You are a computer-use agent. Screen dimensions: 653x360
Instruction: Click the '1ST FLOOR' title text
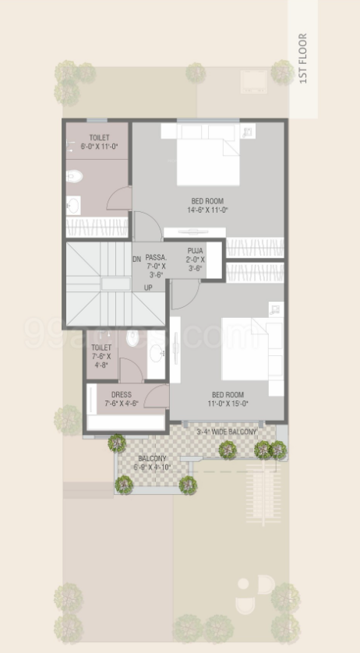pyautogui.click(x=303, y=58)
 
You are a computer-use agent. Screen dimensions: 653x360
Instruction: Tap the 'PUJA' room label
pyautogui.click(x=194, y=250)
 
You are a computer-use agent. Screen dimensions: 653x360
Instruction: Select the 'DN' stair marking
pyautogui.click(x=136, y=259)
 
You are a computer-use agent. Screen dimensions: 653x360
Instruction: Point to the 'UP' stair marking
pyautogui.click(x=147, y=288)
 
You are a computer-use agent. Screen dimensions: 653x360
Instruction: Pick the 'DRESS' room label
pyautogui.click(x=121, y=395)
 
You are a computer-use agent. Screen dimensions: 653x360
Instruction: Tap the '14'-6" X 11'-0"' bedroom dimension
pyautogui.click(x=207, y=210)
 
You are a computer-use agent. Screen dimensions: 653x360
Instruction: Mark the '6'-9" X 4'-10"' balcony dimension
pyautogui.click(x=152, y=468)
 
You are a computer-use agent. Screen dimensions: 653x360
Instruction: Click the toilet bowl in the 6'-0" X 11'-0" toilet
pyautogui.click(x=74, y=176)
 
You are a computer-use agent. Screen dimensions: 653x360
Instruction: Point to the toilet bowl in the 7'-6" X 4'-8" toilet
pyautogui.click(x=132, y=340)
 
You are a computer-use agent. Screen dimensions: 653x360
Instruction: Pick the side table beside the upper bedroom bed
pyautogui.click(x=247, y=132)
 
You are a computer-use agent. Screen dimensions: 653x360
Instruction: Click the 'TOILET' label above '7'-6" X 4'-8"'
pyautogui.click(x=101, y=348)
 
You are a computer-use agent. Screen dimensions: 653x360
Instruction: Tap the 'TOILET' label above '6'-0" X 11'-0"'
pyautogui.click(x=99, y=138)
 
